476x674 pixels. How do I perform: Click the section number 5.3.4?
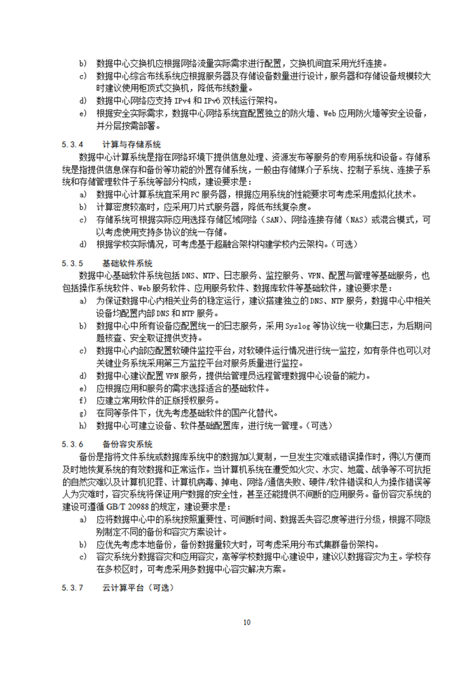71,144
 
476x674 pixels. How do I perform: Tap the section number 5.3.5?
71,263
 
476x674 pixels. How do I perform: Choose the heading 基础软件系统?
127,263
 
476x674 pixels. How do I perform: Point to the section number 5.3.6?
71,444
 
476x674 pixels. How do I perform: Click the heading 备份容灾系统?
127,444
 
